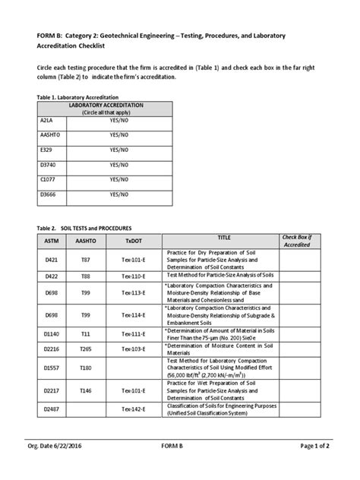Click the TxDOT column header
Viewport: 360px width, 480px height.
[x=134, y=241]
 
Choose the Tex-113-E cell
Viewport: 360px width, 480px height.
[x=135, y=292]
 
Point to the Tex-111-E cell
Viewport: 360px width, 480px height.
[x=135, y=333]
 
